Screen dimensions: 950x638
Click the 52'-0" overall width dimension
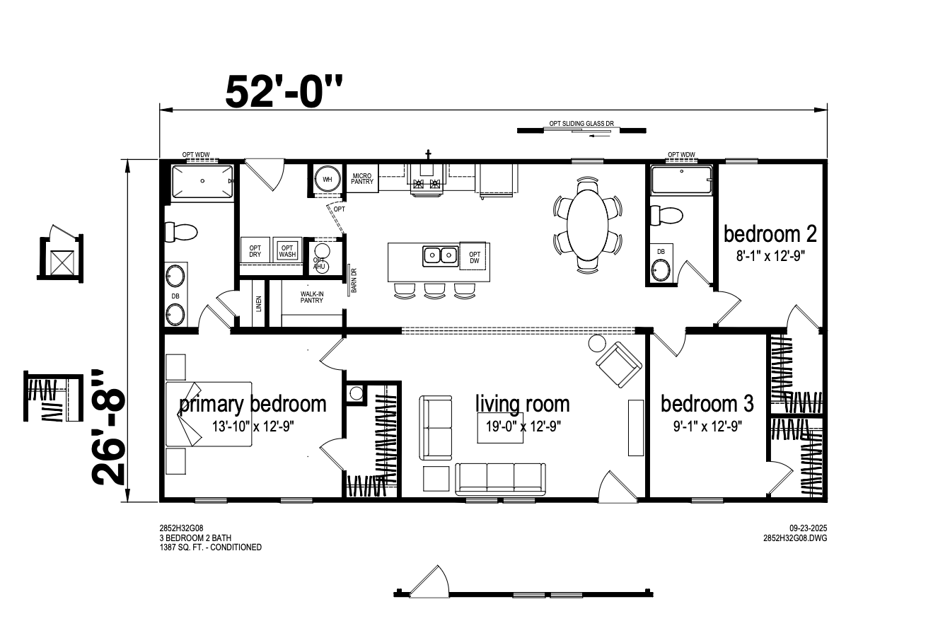pyautogui.click(x=284, y=92)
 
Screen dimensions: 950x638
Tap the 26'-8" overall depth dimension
pyautogui.click(x=108, y=427)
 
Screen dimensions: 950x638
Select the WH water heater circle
pyautogui.click(x=327, y=180)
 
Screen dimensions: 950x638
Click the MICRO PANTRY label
pyautogui.click(x=362, y=178)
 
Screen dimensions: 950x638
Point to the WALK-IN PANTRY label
pyautogui.click(x=312, y=297)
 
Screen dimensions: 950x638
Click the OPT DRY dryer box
pyautogui.click(x=255, y=250)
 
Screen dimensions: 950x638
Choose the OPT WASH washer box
pyautogui.click(x=287, y=250)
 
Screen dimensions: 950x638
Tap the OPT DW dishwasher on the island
pyautogui.click(x=474, y=257)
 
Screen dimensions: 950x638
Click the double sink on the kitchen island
pyautogui.click(x=440, y=256)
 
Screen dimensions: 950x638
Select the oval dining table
pyautogui.click(x=587, y=223)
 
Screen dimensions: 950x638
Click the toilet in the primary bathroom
pyautogui.click(x=181, y=232)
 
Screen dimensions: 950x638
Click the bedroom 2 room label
pyautogui.click(x=770, y=233)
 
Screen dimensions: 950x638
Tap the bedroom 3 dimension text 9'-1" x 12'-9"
pyautogui.click(x=707, y=427)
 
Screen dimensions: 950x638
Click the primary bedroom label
pyautogui.click(x=253, y=405)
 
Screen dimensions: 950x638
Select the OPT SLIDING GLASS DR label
pyautogui.click(x=581, y=124)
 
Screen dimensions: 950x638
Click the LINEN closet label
pyautogui.click(x=259, y=303)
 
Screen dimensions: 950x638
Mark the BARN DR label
pyautogui.click(x=354, y=280)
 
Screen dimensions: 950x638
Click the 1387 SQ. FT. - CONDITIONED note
pyautogui.click(x=210, y=547)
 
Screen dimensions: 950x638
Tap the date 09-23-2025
pyautogui.click(x=808, y=528)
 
